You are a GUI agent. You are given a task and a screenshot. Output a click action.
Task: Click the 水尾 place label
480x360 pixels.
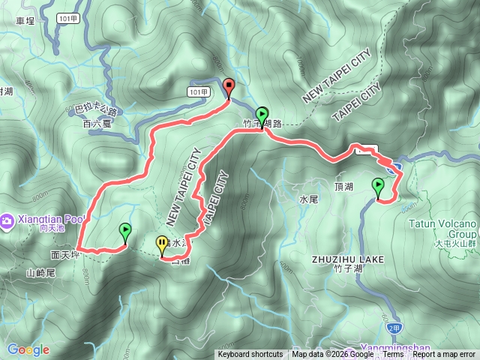309,200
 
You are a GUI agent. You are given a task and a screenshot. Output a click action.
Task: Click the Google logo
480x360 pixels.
28,349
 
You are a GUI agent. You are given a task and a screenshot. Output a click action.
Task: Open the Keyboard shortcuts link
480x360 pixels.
250,355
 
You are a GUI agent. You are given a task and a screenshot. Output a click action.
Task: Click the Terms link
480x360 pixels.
393,355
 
